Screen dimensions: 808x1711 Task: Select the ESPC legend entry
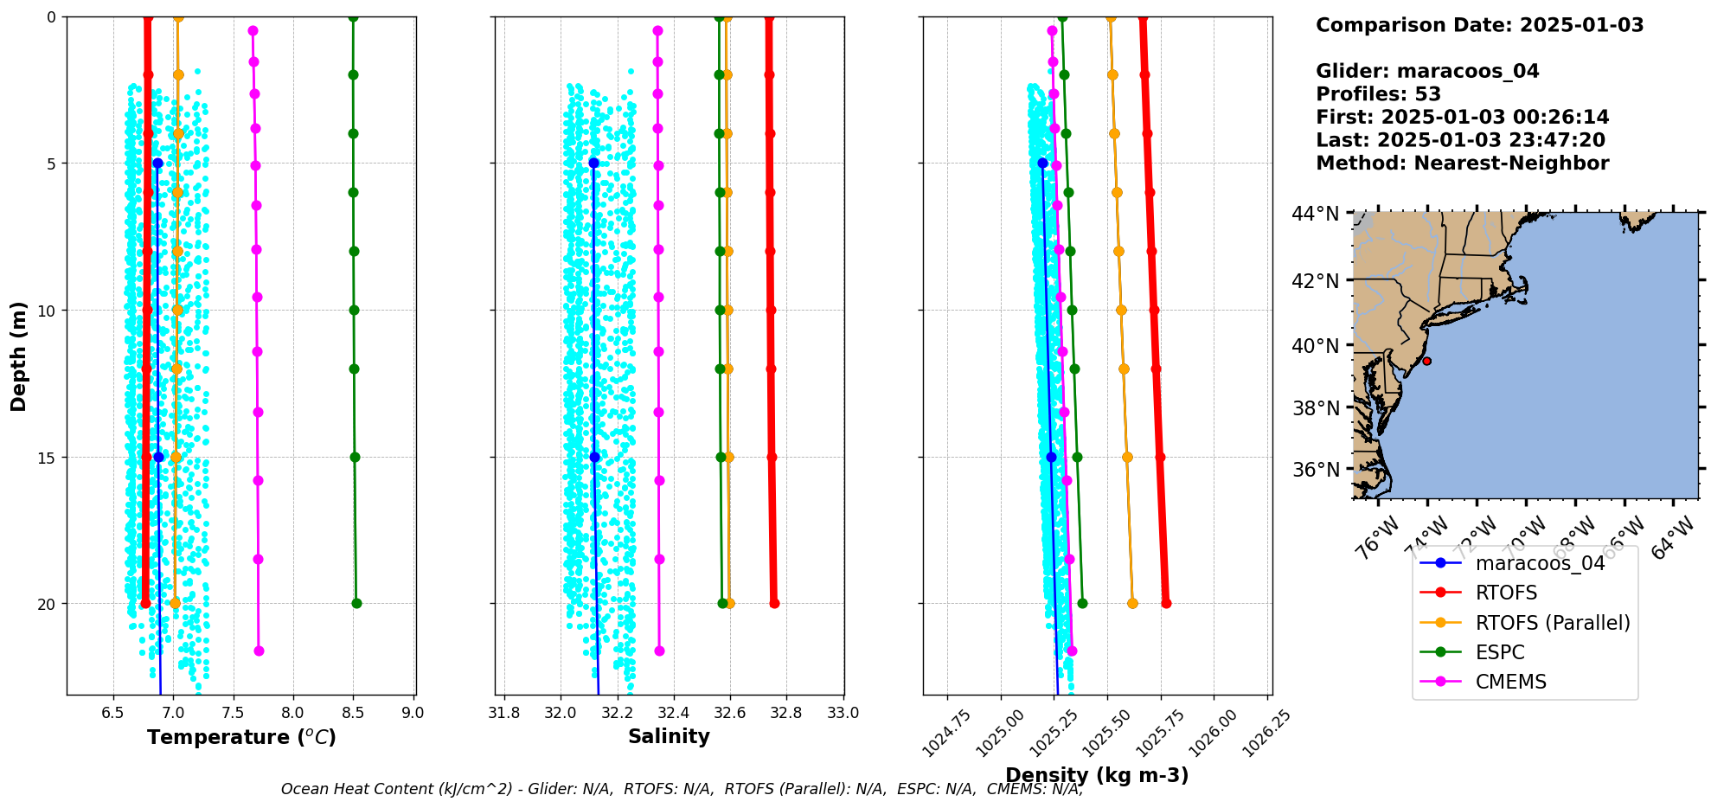pos(1499,652)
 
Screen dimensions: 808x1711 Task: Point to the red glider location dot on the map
pos(1426,361)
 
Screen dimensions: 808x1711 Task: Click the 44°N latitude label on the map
pos(1315,214)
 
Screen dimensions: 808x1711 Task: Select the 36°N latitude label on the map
pos(1315,470)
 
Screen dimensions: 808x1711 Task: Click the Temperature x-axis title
pos(241,737)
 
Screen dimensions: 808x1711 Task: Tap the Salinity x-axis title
pos(669,736)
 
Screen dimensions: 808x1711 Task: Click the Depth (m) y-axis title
pos(19,356)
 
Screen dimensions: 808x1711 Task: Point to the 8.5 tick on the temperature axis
pos(353,713)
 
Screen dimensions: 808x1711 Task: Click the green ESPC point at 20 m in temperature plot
pos(356,604)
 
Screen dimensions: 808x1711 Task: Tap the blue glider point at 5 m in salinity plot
pos(593,163)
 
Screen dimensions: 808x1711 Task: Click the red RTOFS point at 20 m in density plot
pos(1166,604)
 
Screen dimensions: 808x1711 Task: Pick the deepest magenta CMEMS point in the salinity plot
pos(659,651)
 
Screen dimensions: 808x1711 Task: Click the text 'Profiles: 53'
pos(1378,94)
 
